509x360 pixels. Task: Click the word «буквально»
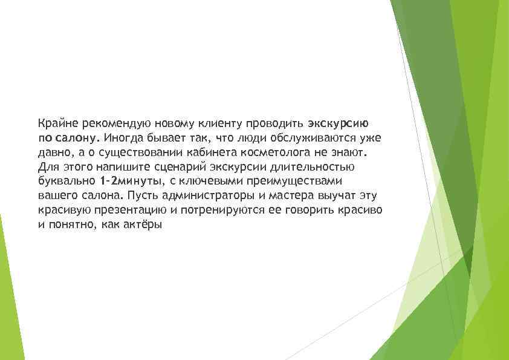click(x=62, y=181)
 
